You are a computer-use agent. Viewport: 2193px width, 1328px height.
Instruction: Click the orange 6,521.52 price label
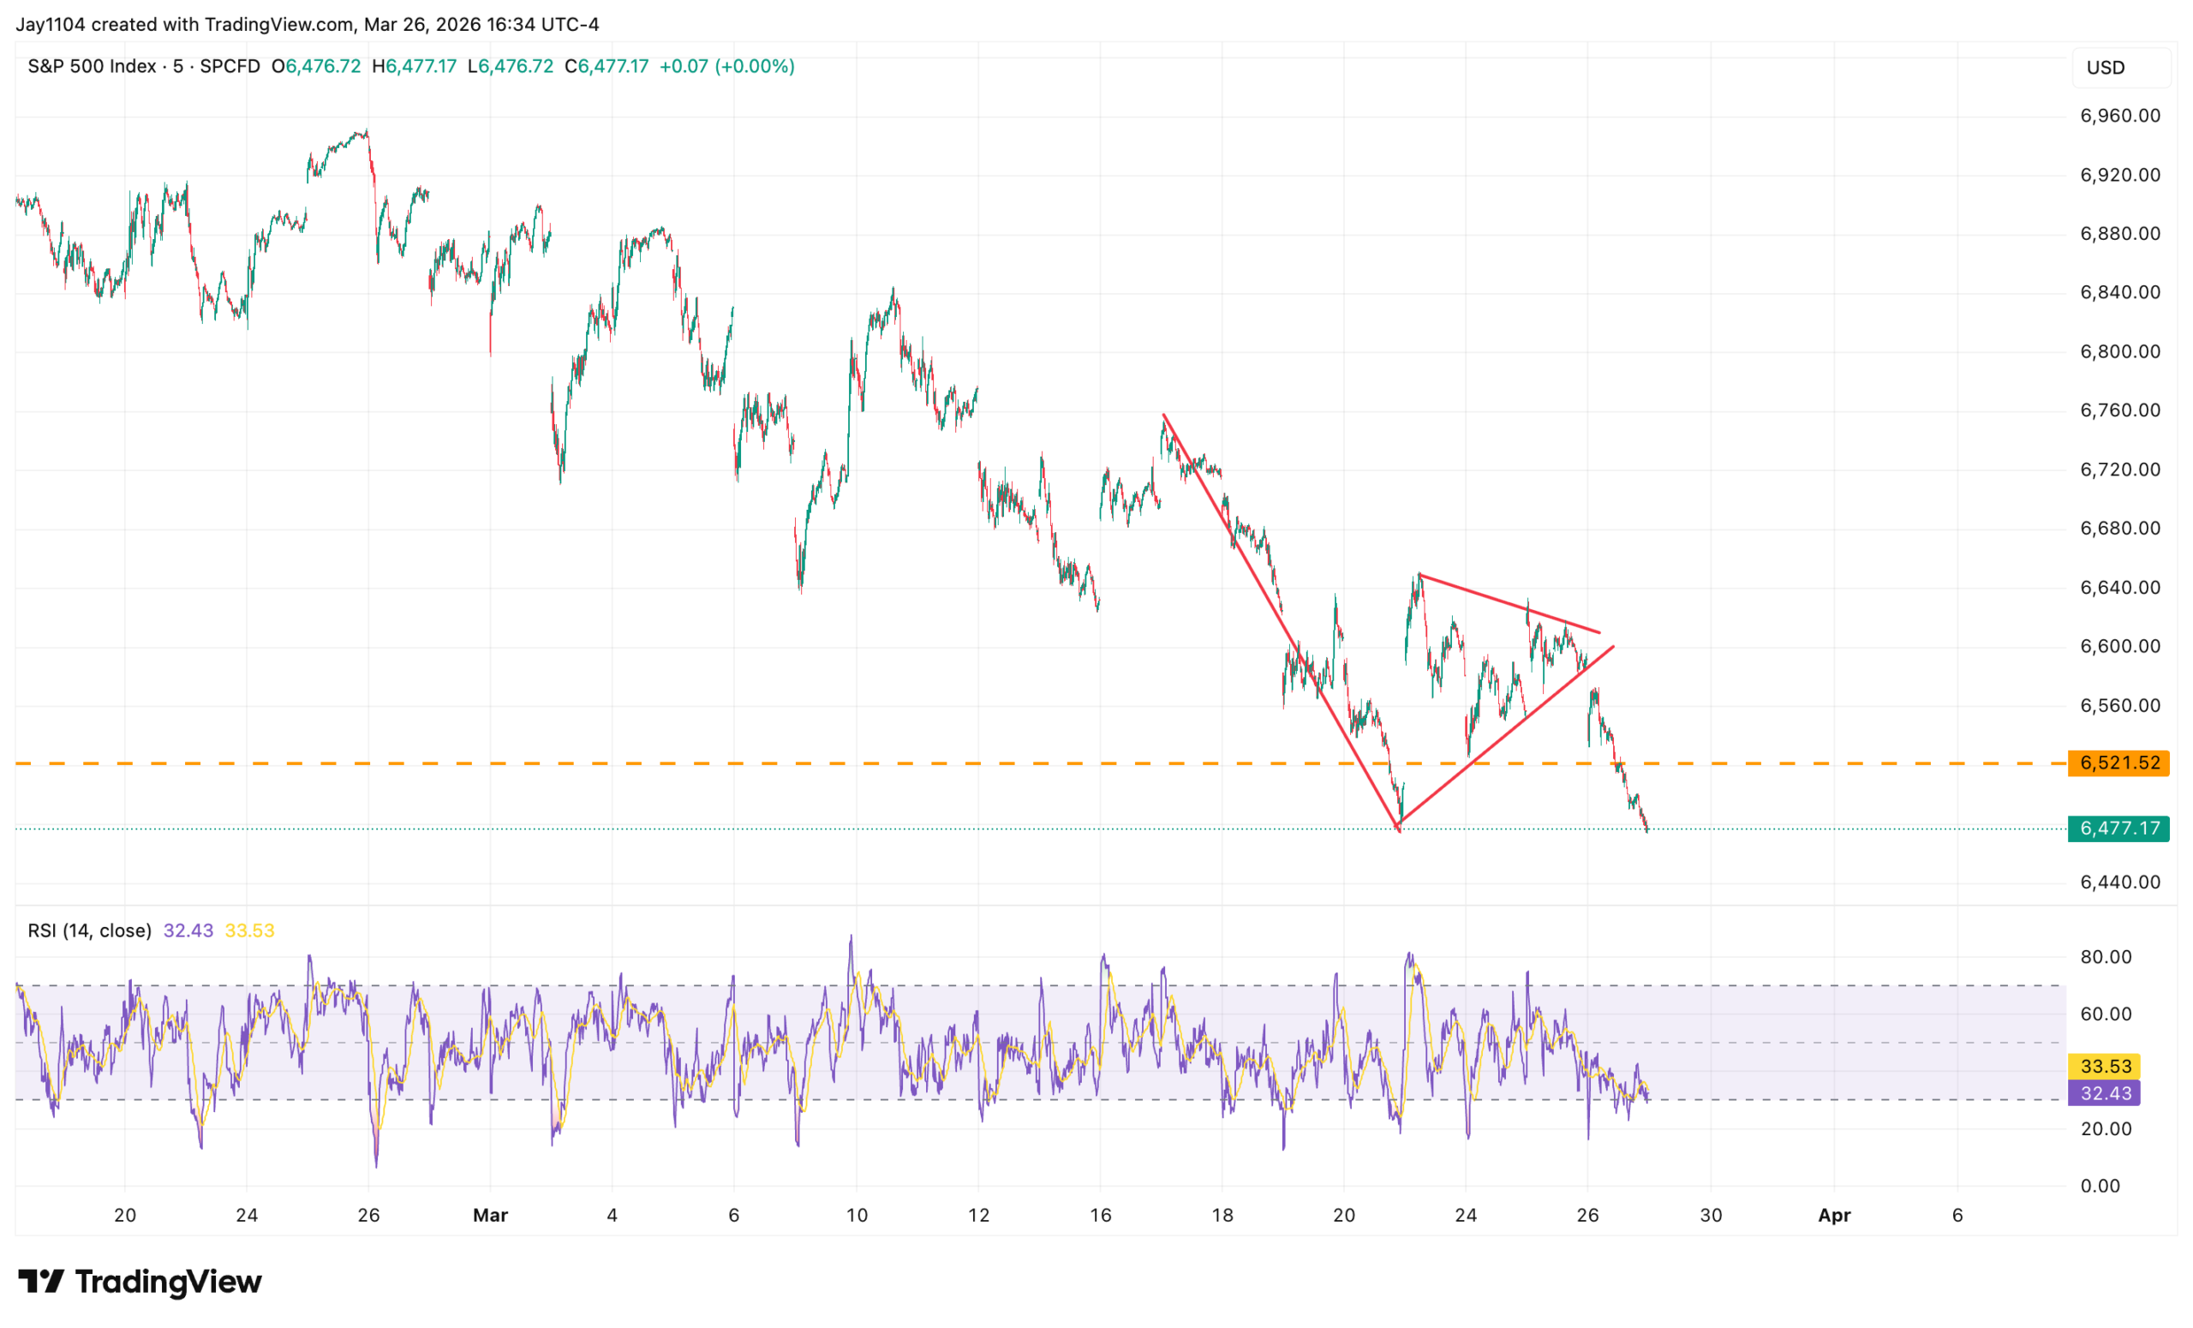(2118, 763)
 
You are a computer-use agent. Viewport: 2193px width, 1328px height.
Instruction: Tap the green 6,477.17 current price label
(2118, 829)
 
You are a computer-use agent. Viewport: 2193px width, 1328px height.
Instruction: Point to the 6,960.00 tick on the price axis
(2119, 116)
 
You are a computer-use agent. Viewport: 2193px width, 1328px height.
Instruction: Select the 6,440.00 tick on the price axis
(2119, 882)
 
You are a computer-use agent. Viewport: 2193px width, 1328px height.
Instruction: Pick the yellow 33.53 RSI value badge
(2106, 1067)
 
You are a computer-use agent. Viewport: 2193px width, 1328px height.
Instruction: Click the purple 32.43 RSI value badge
(2106, 1093)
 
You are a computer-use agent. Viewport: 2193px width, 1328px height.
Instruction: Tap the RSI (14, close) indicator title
(89, 931)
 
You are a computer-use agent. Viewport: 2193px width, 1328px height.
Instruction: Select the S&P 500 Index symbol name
(92, 67)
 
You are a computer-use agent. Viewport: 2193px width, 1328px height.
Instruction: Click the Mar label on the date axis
(490, 1215)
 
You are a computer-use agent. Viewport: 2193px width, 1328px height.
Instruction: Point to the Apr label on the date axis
(1833, 1215)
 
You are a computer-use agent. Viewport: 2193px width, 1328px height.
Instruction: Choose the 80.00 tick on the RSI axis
(2106, 957)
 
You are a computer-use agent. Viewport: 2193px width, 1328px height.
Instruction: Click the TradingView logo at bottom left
(140, 1282)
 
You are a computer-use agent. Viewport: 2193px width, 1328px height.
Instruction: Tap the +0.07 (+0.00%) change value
(726, 67)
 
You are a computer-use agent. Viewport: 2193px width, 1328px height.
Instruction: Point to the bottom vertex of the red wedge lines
(1399, 830)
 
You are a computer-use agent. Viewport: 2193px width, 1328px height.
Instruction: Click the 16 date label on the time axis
(1100, 1215)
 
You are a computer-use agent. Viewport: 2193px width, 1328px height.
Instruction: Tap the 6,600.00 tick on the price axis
(2119, 646)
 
